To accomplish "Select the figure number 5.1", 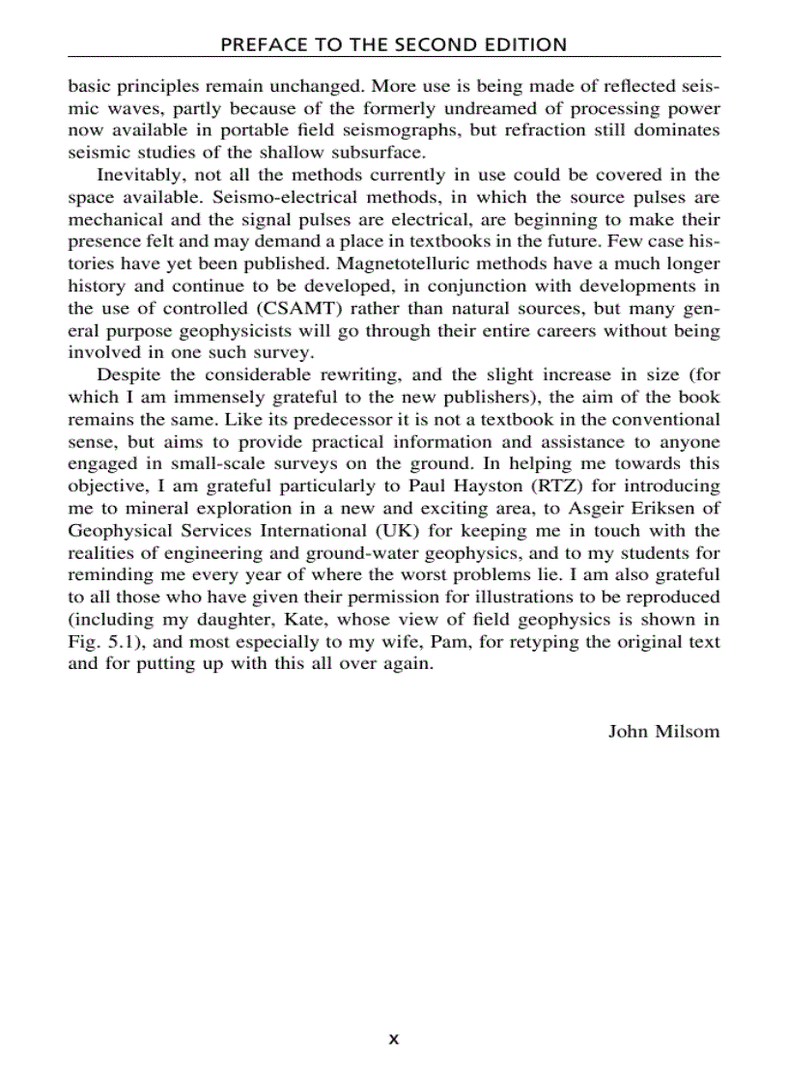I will click(121, 641).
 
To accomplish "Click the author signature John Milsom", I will click(663, 731).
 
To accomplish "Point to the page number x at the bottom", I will click(393, 1040).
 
